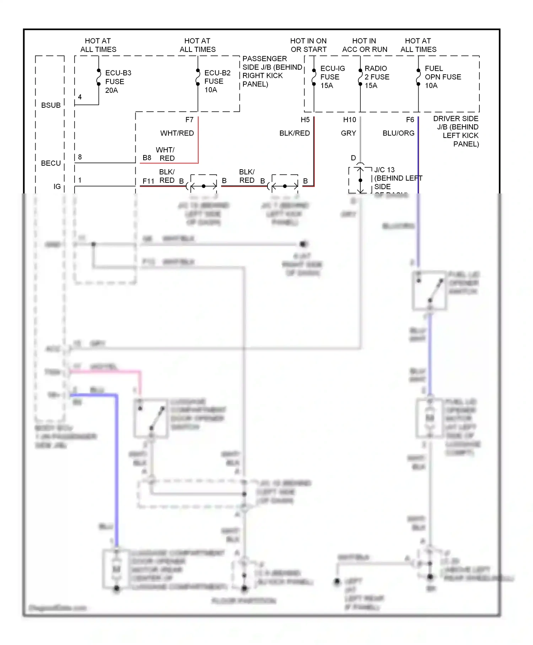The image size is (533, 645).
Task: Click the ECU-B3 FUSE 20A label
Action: click(118, 81)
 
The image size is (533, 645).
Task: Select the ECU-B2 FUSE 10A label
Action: click(217, 81)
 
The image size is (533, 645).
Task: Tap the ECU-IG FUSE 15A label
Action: click(332, 77)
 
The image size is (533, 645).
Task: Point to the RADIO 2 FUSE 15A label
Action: click(376, 77)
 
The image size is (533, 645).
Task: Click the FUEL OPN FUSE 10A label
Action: click(442, 77)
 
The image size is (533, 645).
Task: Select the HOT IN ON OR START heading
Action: click(308, 45)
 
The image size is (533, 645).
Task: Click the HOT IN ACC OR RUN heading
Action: click(365, 45)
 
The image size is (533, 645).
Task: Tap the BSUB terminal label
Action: click(51, 105)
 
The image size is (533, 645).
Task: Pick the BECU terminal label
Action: click(51, 163)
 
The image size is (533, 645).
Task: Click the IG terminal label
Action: click(57, 186)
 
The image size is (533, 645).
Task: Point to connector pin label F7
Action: click(189, 120)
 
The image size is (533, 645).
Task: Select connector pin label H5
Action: click(305, 120)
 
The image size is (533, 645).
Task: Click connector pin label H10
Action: click(349, 120)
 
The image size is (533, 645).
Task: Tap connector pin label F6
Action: click(410, 120)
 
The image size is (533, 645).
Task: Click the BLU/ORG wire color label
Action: click(398, 133)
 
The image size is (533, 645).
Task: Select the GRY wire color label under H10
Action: click(348, 133)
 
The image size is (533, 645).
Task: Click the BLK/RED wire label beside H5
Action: click(294, 133)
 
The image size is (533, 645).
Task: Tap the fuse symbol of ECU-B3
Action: click(99, 78)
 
